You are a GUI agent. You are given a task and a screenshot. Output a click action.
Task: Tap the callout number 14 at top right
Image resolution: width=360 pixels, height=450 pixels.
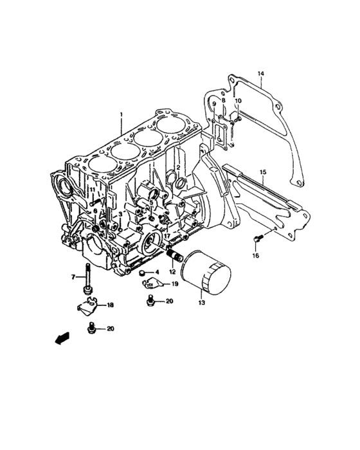coord(261,74)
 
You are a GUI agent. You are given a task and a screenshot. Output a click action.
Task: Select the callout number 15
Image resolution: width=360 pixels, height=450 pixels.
coord(262,172)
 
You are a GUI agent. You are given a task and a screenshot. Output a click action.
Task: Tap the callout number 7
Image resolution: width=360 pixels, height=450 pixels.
coord(73,277)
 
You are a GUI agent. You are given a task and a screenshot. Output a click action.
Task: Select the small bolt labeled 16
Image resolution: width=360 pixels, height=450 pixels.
coord(258,239)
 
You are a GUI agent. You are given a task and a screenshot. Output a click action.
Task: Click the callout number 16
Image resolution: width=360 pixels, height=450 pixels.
coord(255,256)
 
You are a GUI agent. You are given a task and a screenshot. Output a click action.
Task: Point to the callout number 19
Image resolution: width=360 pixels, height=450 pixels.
coord(174,283)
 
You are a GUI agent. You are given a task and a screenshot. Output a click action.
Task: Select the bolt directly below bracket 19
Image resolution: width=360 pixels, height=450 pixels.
coord(151,300)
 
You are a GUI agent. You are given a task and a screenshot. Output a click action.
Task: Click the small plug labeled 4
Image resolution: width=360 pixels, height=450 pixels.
coord(142,273)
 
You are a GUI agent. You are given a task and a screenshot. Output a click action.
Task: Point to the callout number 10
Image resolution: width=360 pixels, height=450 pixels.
coord(237,101)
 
